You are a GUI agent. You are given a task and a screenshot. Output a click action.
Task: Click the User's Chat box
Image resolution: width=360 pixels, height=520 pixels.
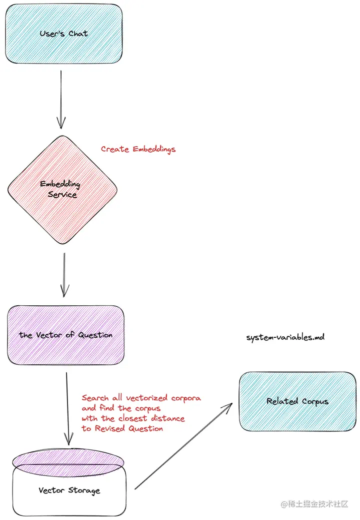(63, 34)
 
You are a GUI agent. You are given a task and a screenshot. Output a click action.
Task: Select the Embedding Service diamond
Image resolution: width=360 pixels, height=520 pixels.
(62, 189)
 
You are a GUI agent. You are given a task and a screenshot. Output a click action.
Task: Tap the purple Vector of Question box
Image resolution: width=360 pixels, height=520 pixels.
(65, 335)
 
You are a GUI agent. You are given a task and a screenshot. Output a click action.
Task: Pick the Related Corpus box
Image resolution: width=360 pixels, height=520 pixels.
(297, 401)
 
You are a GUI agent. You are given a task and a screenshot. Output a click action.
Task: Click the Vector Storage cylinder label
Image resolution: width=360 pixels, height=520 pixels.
(69, 490)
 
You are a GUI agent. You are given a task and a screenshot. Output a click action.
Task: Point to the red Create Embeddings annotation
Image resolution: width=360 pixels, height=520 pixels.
(138, 149)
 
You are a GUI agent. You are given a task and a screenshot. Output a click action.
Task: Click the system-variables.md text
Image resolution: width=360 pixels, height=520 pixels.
(285, 337)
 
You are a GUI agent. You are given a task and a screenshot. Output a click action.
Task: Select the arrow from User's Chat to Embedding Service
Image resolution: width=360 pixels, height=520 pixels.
(61, 100)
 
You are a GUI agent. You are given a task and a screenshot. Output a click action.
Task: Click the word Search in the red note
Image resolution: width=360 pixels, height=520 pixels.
(95, 398)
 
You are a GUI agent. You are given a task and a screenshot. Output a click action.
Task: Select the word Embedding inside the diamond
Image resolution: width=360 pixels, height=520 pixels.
(60, 184)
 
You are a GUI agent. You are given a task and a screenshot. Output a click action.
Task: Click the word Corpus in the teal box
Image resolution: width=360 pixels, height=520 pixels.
(315, 401)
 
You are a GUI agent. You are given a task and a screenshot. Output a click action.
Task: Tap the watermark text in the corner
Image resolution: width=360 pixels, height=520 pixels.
(314, 504)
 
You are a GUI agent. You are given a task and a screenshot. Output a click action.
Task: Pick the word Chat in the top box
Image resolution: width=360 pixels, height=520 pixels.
(78, 34)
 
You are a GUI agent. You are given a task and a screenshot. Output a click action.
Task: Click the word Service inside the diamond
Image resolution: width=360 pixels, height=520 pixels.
(62, 194)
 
